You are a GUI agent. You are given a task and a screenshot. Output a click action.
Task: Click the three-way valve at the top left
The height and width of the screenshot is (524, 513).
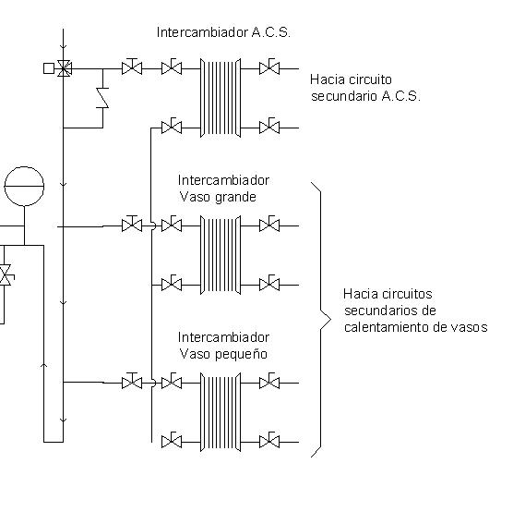tap(64, 68)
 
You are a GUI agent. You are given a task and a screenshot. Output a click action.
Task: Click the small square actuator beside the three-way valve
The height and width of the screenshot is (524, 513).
tap(49, 68)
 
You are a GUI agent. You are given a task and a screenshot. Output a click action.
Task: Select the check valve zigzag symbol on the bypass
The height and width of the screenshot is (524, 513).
tap(102, 98)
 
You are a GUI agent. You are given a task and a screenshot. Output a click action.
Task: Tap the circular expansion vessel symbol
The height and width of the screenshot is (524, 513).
tap(24, 186)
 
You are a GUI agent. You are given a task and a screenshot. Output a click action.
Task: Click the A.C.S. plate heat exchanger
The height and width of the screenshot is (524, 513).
tap(221, 98)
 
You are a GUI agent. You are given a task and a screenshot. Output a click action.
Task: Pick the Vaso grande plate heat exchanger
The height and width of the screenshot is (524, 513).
tap(221, 255)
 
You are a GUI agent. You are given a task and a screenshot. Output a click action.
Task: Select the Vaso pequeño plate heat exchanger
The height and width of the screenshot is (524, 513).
tap(221, 412)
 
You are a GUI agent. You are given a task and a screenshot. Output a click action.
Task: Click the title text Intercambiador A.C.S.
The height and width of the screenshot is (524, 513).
tap(223, 32)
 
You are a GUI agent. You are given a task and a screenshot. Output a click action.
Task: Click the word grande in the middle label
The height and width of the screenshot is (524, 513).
tap(235, 197)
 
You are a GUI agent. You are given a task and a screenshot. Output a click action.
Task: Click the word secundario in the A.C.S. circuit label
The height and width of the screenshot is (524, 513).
tap(344, 96)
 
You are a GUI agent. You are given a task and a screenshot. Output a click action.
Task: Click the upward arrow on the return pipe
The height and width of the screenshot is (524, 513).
tap(43, 366)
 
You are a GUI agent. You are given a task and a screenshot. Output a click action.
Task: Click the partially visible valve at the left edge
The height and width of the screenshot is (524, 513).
tap(6, 275)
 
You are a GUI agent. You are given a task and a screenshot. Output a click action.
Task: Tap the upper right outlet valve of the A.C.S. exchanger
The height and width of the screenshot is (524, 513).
tap(269, 67)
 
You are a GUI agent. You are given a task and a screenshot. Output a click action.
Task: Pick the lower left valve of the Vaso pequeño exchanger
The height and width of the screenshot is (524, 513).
tap(172, 441)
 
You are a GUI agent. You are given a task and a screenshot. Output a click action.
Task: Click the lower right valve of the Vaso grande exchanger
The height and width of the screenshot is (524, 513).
tap(269, 284)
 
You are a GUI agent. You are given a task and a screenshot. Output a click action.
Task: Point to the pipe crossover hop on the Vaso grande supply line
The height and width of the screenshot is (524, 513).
tap(153, 226)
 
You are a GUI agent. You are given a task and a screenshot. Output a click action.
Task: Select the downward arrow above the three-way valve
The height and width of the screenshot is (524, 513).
tap(64, 46)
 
